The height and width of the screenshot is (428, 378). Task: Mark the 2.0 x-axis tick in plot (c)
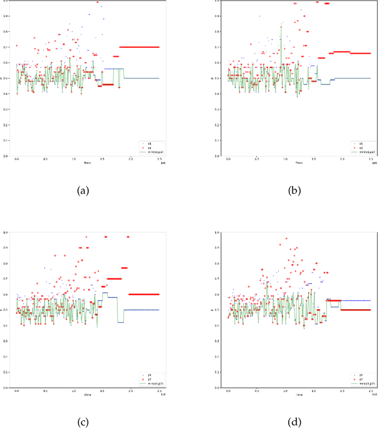[131, 391]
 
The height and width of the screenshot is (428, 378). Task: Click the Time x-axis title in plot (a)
[87, 163]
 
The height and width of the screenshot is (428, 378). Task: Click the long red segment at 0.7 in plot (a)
[139, 47]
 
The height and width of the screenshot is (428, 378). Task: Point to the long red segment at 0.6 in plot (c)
[144, 294]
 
